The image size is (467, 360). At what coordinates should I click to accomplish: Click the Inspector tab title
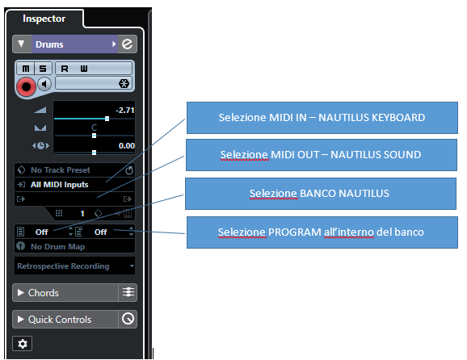pyautogui.click(x=44, y=19)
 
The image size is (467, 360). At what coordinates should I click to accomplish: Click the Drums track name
pyautogui.click(x=49, y=44)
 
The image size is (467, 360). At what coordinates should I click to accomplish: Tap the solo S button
pyautogui.click(x=43, y=69)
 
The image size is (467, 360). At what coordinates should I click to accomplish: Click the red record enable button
pyautogui.click(x=26, y=86)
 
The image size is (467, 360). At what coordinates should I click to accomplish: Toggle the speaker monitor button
pyautogui.click(x=44, y=84)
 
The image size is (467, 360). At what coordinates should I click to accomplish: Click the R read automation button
pyautogui.click(x=65, y=69)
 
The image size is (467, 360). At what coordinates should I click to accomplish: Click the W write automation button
pyautogui.click(x=84, y=69)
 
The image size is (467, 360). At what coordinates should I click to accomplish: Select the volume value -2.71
pyautogui.click(x=125, y=111)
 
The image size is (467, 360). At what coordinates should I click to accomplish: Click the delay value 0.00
pyautogui.click(x=127, y=146)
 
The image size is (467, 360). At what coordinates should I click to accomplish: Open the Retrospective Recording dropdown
pyautogui.click(x=75, y=266)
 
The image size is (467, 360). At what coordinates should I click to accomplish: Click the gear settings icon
pyautogui.click(x=23, y=344)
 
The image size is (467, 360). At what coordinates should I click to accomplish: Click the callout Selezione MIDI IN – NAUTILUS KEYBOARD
pyautogui.click(x=322, y=118)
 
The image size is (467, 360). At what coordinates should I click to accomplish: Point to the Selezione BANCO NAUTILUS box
pyautogui.click(x=321, y=194)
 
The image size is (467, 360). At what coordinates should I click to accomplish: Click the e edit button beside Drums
pyautogui.click(x=128, y=44)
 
